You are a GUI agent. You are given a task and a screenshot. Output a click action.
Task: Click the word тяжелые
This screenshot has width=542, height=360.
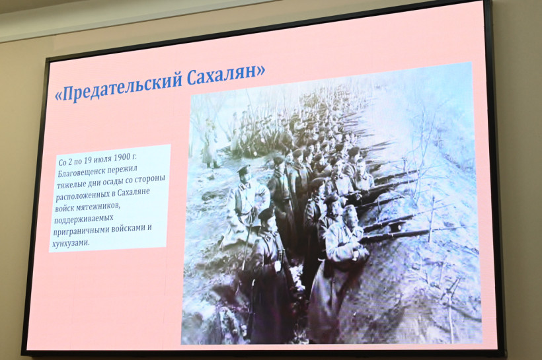click(x=71, y=184)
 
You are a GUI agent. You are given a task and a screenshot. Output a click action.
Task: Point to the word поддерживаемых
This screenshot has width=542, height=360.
click(x=84, y=220)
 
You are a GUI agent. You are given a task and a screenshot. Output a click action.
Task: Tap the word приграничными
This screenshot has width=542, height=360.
click(x=81, y=231)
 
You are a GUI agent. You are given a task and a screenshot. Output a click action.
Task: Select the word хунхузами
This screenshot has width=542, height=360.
click(x=70, y=243)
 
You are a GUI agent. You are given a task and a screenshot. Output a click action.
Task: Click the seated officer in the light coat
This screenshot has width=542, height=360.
click(x=246, y=204)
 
